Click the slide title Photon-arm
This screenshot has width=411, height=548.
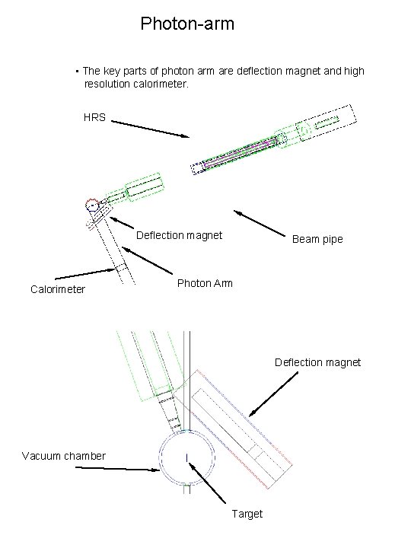(x=187, y=24)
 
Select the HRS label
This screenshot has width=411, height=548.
(x=94, y=118)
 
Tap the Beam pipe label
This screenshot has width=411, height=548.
(x=317, y=239)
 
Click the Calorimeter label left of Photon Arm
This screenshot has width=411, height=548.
(x=58, y=289)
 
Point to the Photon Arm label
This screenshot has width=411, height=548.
(x=205, y=283)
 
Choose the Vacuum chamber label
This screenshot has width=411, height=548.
(x=64, y=456)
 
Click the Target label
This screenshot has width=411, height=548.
(x=247, y=514)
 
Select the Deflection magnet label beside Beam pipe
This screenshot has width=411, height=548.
(x=179, y=235)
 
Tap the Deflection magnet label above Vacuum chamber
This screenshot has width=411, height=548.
(x=317, y=362)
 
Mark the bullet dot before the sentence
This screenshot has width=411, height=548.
(x=78, y=72)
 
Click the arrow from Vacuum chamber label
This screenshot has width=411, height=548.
(x=118, y=469)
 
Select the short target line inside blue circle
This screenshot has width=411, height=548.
(x=186, y=457)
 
